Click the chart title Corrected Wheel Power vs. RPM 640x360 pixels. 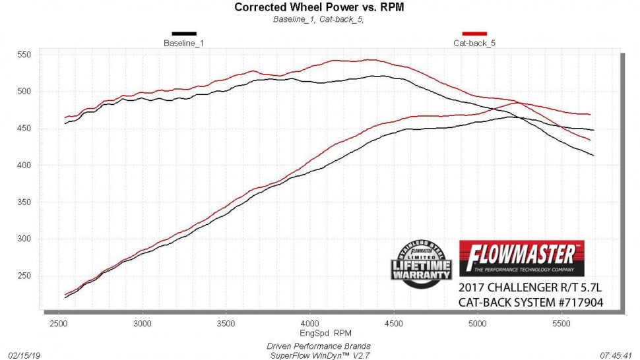(x=319, y=7)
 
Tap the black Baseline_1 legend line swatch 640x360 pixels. (x=184, y=33)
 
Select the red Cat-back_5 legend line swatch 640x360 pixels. (x=474, y=33)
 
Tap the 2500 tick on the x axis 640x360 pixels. (x=59, y=324)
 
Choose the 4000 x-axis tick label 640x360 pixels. (x=309, y=324)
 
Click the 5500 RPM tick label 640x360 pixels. (x=561, y=324)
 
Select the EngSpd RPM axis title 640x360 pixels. (x=319, y=333)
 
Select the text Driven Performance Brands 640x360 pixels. (x=319, y=345)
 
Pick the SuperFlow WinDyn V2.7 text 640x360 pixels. (x=319, y=355)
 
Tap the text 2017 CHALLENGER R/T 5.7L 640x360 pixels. (x=531, y=289)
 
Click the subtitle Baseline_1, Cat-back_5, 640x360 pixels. (x=319, y=19)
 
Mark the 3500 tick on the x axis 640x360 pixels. (x=226, y=324)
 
